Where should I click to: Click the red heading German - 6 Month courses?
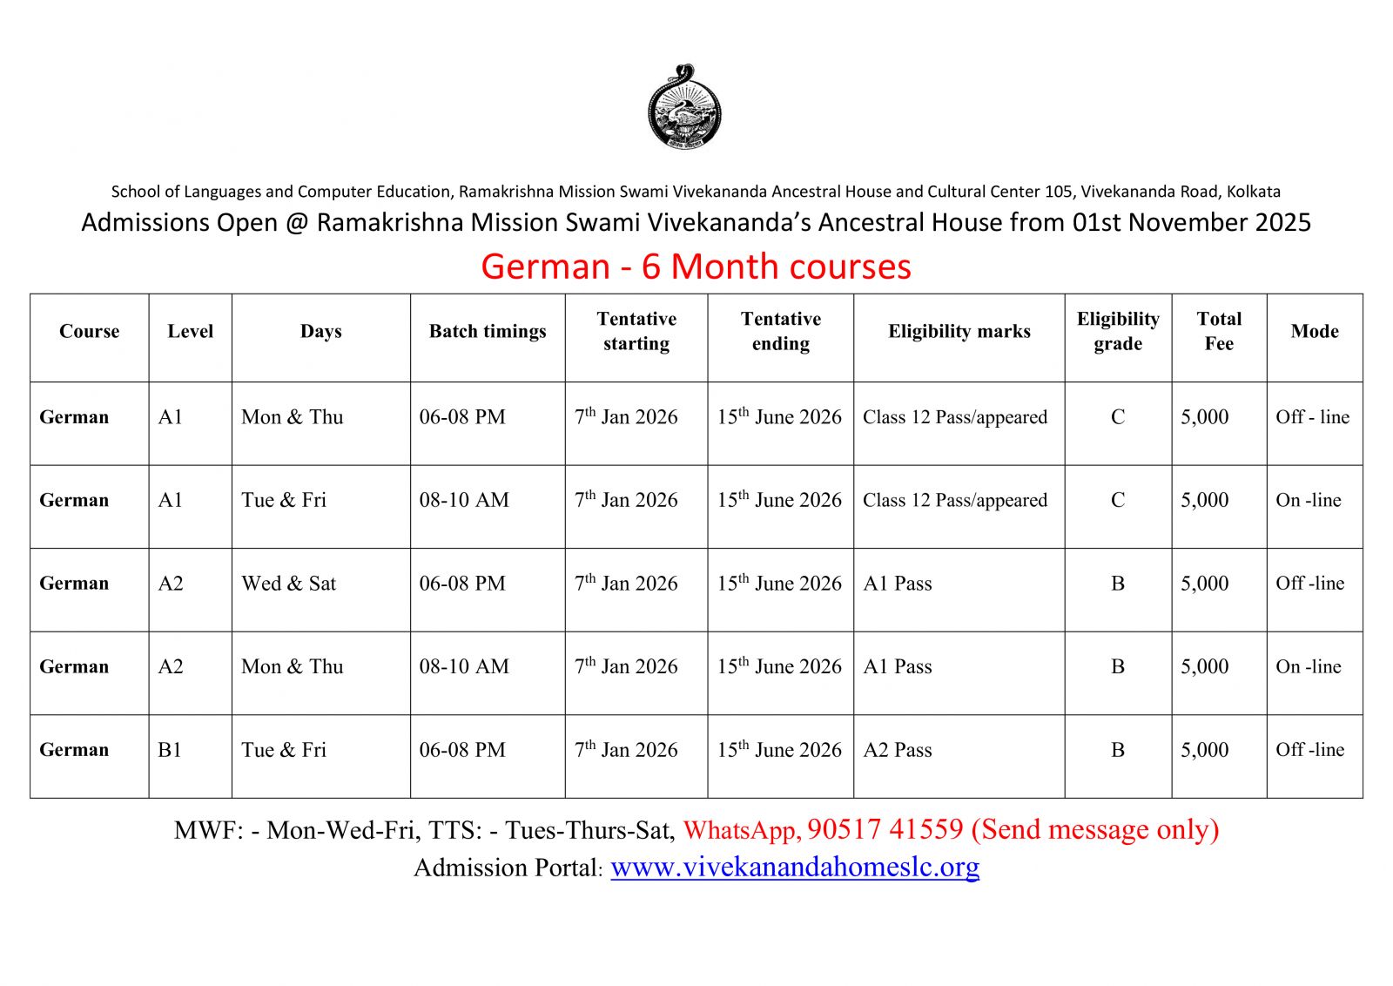[x=696, y=267]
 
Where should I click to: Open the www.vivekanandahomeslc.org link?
[x=795, y=868]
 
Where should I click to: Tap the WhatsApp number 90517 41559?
[x=885, y=829]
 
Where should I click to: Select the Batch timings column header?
[x=488, y=332]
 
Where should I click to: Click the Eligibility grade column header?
[x=1118, y=332]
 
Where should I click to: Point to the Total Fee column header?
[x=1219, y=332]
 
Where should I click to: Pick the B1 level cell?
[x=171, y=750]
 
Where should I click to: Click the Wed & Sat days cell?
[x=288, y=584]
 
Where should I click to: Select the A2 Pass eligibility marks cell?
[x=898, y=750]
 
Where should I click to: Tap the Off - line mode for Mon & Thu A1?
[x=1312, y=417]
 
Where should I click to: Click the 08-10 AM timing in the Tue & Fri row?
[x=464, y=501]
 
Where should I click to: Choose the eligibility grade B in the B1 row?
[x=1118, y=750]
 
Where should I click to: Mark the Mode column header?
[x=1315, y=332]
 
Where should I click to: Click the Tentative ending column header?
[x=781, y=332]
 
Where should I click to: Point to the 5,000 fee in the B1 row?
[x=1205, y=750]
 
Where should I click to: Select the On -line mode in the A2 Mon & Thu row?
[x=1309, y=667]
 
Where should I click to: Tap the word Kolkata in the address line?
[x=1253, y=192]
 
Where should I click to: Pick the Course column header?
[x=89, y=332]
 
